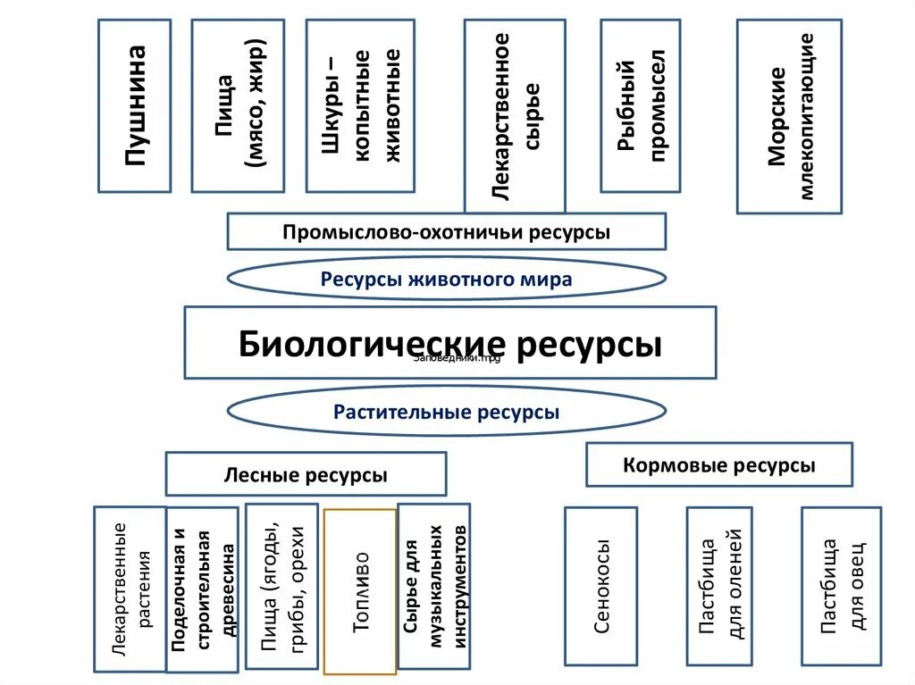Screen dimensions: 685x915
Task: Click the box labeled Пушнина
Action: point(134,106)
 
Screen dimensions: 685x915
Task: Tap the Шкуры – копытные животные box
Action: point(360,106)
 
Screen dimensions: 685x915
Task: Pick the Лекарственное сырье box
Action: point(515,114)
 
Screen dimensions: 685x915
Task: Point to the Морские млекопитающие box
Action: point(789,116)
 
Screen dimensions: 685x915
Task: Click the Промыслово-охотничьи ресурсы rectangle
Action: point(447,231)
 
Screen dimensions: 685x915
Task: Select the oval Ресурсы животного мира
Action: point(447,279)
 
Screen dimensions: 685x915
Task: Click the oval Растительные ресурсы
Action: point(447,412)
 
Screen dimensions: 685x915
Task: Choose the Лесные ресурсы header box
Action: point(306,474)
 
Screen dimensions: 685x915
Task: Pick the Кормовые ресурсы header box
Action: point(719,465)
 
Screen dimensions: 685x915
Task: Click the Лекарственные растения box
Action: point(130,589)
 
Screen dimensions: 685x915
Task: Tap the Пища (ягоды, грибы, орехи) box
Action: point(281,587)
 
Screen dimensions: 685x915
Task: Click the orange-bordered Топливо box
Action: point(360,591)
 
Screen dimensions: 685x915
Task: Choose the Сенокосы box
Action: point(601,586)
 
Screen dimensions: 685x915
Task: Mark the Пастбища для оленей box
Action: point(719,586)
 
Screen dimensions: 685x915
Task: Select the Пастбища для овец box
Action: point(841,586)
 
